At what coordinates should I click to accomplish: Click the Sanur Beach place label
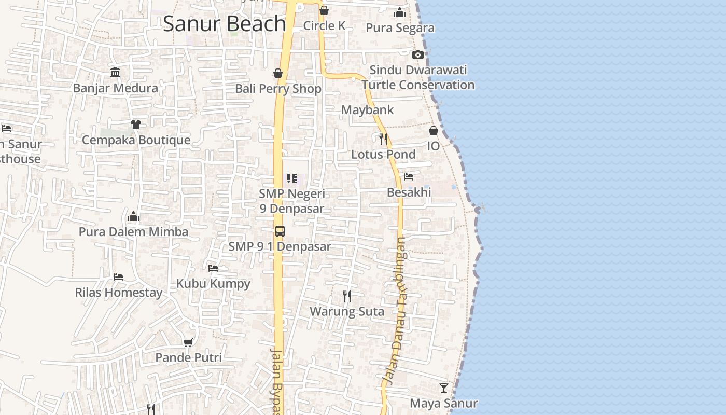pyautogui.click(x=224, y=24)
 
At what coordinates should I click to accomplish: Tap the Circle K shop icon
pyautogui.click(x=324, y=10)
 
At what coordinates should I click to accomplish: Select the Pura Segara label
pyautogui.click(x=400, y=28)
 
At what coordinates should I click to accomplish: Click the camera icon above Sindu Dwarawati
pyautogui.click(x=417, y=54)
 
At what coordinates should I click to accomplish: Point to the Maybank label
pyautogui.click(x=367, y=110)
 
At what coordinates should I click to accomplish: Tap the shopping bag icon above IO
pyautogui.click(x=433, y=131)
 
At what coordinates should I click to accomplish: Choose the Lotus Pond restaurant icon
pyautogui.click(x=383, y=139)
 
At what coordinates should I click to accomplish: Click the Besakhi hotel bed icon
pyautogui.click(x=409, y=177)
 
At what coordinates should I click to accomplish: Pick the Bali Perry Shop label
pyautogui.click(x=278, y=89)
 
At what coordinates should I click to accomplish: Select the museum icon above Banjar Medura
pyautogui.click(x=115, y=72)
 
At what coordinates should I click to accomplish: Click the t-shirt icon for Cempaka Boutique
pyautogui.click(x=135, y=125)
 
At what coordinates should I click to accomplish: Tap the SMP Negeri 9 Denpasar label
pyautogui.click(x=292, y=201)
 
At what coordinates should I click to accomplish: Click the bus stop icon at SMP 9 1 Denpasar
pyautogui.click(x=280, y=231)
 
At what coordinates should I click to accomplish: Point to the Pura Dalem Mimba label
pyautogui.click(x=133, y=232)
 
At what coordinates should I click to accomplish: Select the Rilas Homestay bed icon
pyautogui.click(x=118, y=277)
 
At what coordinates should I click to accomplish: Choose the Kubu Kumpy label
pyautogui.click(x=213, y=284)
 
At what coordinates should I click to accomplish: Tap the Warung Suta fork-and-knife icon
pyautogui.click(x=347, y=296)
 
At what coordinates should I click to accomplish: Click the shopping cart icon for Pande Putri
pyautogui.click(x=188, y=342)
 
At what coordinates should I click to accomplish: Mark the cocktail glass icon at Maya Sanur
pyautogui.click(x=443, y=388)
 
